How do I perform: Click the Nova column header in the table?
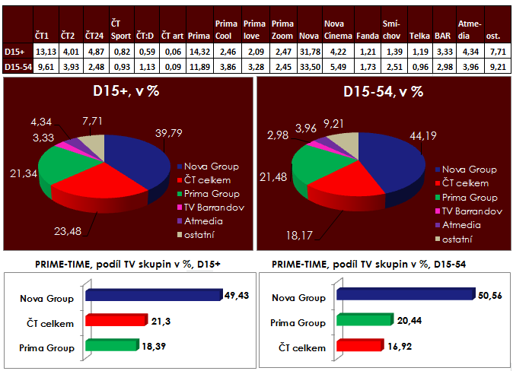(x=308, y=35)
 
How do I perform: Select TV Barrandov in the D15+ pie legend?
(x=210, y=207)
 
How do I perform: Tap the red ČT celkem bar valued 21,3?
(x=114, y=321)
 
